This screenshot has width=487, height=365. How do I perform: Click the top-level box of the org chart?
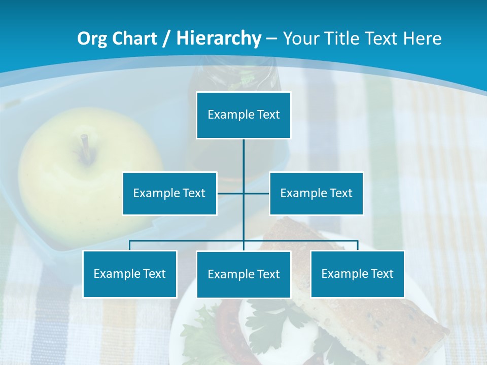coord(243,115)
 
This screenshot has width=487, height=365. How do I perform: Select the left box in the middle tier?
coord(169,193)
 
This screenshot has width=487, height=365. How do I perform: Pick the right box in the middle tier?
coord(316,193)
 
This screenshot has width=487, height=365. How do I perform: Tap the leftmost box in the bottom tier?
coord(130,274)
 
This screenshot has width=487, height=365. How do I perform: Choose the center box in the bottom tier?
coord(243,274)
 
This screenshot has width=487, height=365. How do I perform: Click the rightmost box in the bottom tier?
coord(357,274)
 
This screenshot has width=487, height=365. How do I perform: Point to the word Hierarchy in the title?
coord(219,39)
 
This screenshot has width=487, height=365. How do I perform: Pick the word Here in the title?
coord(423,39)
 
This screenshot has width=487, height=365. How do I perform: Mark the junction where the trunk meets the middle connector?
coord(243,193)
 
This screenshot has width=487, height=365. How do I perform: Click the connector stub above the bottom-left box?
coord(130,245)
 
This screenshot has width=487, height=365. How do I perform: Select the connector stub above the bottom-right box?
coord(357,245)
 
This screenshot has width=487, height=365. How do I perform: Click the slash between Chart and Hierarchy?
coord(167,39)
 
